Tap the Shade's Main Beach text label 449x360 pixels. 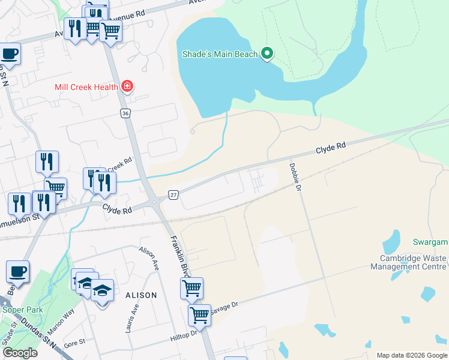[220, 55]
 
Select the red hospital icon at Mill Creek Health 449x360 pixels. [127, 87]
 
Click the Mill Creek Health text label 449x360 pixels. [86, 87]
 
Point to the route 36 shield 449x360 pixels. [125, 113]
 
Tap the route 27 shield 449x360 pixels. [173, 195]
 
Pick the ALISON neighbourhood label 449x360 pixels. [141, 295]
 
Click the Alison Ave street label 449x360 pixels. [148, 259]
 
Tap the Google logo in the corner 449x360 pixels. [20, 353]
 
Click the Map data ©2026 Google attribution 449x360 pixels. [411, 355]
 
